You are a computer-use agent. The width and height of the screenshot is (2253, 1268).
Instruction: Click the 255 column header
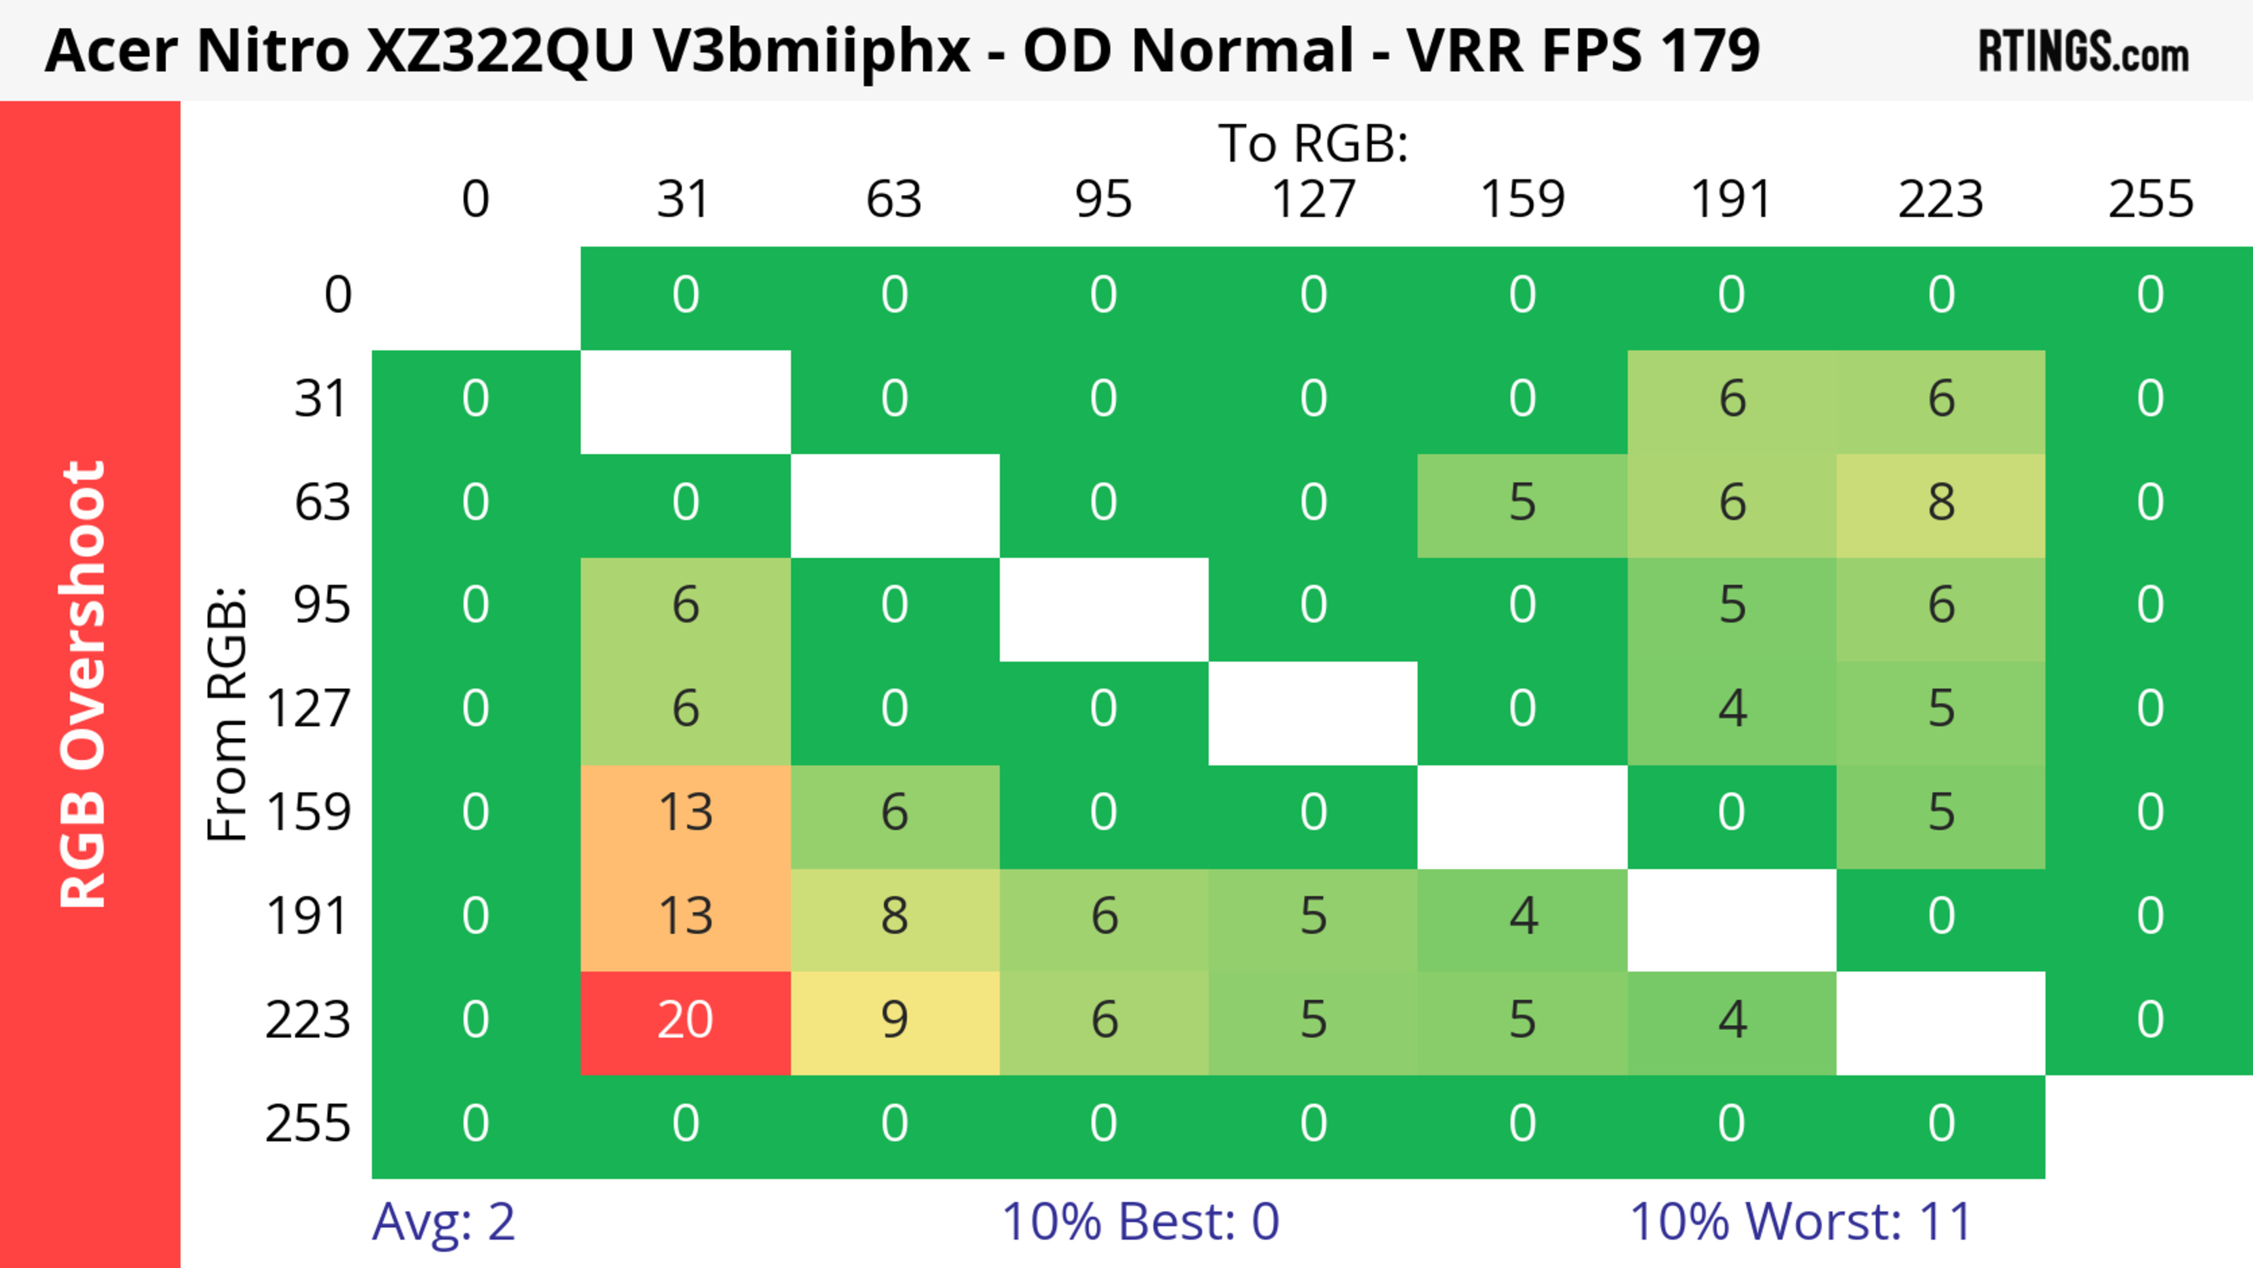(x=2150, y=200)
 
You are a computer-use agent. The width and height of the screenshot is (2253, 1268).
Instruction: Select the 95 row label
(x=322, y=605)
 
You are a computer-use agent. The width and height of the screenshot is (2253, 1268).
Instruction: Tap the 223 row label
(x=308, y=1020)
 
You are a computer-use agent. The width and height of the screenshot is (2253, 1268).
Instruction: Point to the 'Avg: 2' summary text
(x=444, y=1222)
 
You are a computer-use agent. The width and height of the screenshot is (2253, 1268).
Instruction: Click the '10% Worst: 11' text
(x=1801, y=1222)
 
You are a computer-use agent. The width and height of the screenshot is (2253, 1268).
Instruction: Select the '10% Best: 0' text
(x=1139, y=1222)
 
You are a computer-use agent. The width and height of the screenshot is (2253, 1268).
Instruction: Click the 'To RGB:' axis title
(x=1313, y=143)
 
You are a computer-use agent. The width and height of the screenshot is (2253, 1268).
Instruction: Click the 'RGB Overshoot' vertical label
(x=83, y=684)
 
